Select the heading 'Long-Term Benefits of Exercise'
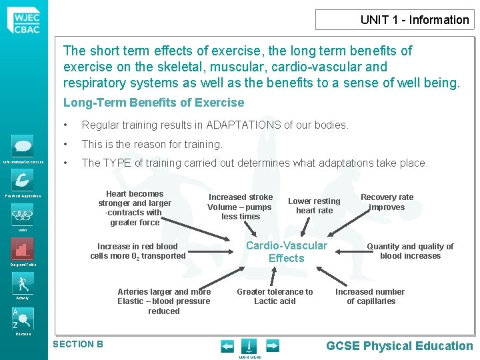coord(153,103)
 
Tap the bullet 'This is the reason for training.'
coord(151,144)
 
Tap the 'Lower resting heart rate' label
coord(314,205)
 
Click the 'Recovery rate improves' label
coord(387,202)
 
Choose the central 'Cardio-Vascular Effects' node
coord(287,252)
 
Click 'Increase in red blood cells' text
coord(138,251)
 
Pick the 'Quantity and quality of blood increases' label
coord(410,251)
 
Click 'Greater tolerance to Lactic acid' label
coord(275,296)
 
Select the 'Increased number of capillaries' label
coord(370,296)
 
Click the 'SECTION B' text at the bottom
coord(78,344)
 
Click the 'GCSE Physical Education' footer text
coord(399,345)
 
